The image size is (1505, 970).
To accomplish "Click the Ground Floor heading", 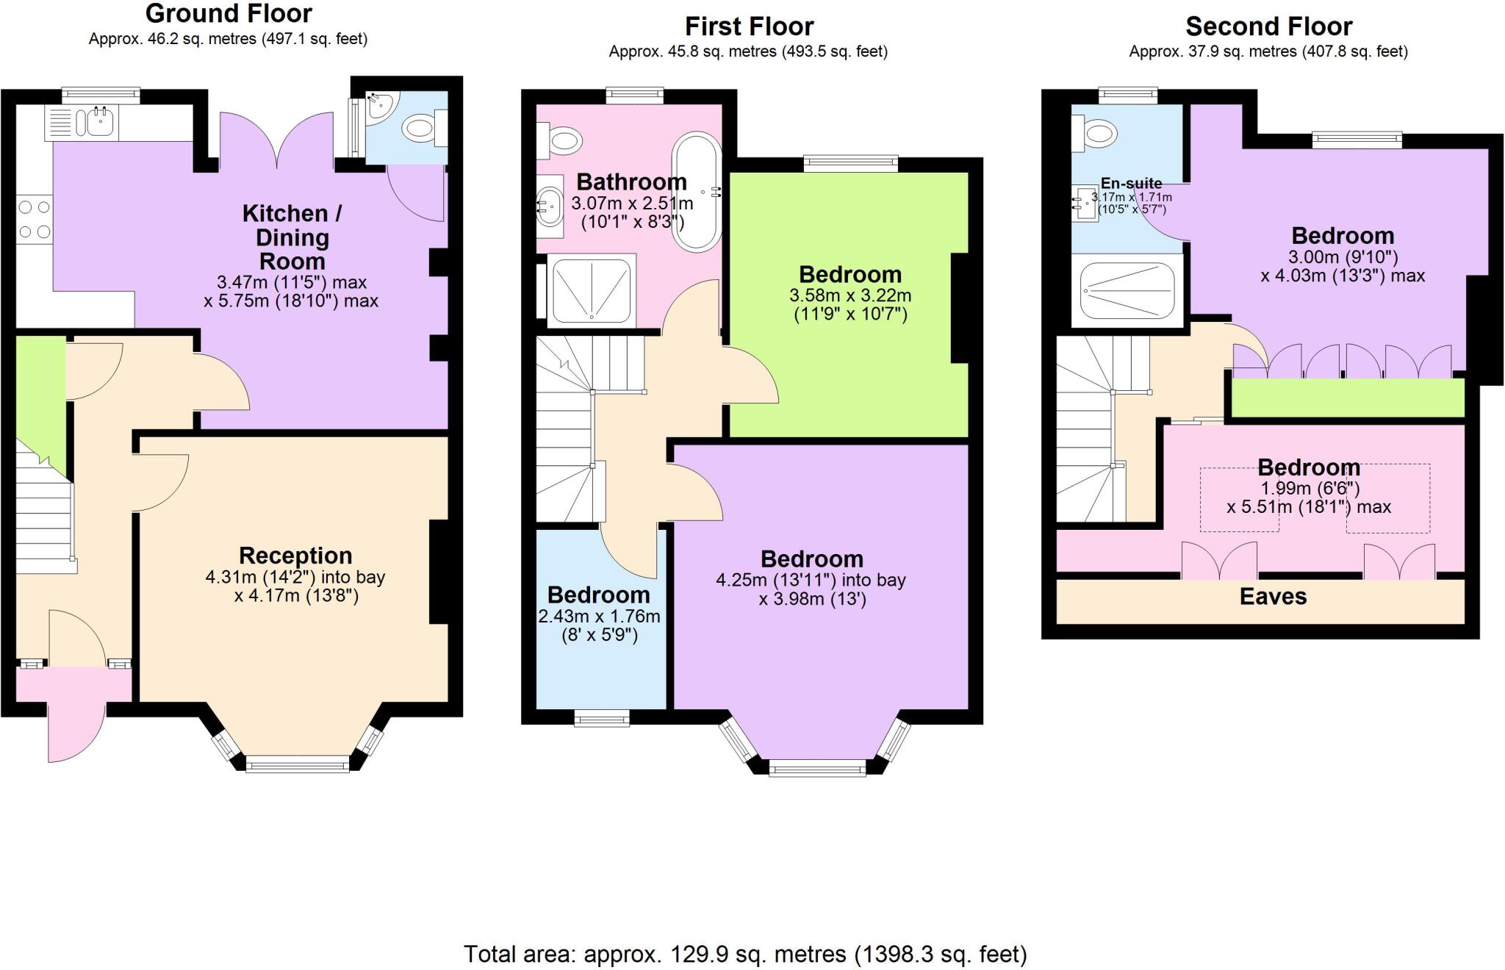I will click(229, 13).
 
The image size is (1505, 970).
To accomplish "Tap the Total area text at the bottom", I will click(745, 954).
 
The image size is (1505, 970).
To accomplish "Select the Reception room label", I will click(295, 556).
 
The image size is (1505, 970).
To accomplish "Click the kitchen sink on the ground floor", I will click(100, 121).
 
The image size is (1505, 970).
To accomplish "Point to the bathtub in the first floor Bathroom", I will click(697, 193).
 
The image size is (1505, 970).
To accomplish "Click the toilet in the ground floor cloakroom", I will click(420, 129).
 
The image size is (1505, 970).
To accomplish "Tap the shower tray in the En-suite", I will click(1127, 291).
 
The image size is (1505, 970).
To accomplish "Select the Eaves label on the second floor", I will click(1273, 597).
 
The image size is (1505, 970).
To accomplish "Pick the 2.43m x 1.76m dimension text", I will click(599, 617).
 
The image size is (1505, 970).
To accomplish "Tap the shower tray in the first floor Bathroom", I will click(592, 290).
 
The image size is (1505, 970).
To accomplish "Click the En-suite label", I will click(1131, 184).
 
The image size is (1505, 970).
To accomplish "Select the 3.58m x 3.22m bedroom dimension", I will click(850, 296).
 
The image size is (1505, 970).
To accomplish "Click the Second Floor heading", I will click(1268, 26).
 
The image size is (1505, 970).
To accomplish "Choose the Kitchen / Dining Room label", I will click(292, 237).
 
